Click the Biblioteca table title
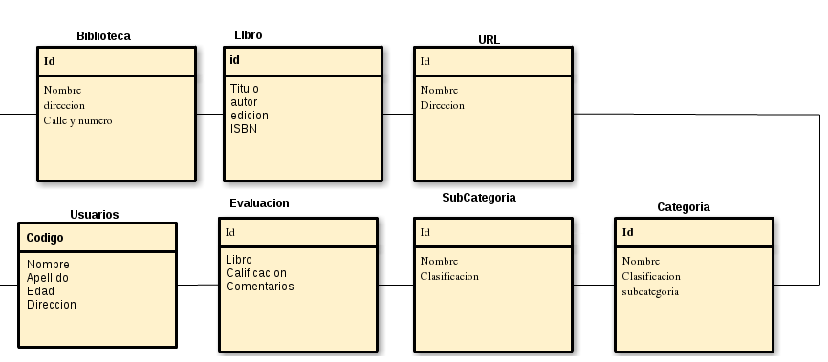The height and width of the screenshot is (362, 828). click(103, 36)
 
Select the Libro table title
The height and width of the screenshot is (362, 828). click(248, 35)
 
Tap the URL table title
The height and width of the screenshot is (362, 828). click(489, 39)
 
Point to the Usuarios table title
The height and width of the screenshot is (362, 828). click(95, 215)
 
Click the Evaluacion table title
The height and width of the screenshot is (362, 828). click(259, 203)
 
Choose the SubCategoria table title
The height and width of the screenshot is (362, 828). click(479, 198)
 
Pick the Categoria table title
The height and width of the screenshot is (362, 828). click(683, 207)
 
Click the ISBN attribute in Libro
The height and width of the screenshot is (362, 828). click(244, 129)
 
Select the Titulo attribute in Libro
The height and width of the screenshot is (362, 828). click(244, 89)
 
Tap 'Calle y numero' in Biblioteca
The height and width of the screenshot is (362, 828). click(77, 120)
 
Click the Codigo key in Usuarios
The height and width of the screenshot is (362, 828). click(45, 238)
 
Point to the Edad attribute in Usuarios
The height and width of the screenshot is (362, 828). click(40, 291)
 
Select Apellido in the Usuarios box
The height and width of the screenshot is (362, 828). click(47, 278)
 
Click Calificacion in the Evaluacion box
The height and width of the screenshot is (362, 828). click(255, 273)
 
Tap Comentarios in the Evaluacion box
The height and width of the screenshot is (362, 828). click(259, 287)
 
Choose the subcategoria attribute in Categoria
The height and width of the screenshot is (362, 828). click(650, 291)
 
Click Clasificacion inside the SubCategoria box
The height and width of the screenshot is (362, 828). click(449, 277)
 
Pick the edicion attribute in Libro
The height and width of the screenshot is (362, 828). click(249, 116)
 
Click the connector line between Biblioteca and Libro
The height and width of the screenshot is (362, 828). click(209, 114)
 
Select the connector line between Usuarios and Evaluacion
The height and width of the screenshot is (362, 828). click(198, 285)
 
